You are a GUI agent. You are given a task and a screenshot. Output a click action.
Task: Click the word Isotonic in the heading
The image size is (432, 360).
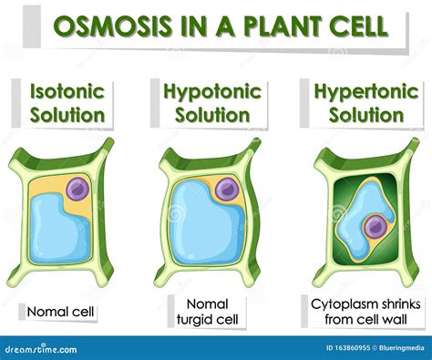[x=67, y=91]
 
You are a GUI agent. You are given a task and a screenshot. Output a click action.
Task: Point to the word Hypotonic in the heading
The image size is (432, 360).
[x=211, y=91]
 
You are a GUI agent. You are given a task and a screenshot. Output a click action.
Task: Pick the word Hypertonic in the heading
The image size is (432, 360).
[x=358, y=91]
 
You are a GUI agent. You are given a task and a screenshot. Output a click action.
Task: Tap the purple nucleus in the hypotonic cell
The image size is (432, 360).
[x=226, y=190]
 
